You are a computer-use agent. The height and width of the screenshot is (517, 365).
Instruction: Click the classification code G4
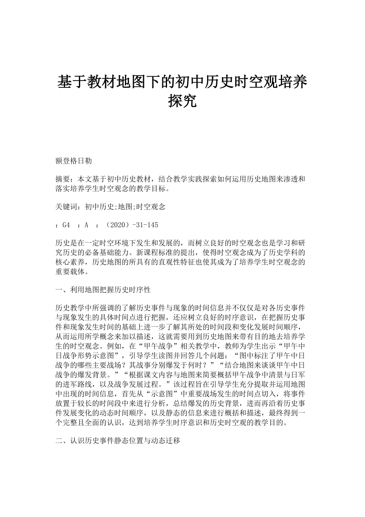(66, 225)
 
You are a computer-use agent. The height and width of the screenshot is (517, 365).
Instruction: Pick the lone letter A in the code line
(86, 225)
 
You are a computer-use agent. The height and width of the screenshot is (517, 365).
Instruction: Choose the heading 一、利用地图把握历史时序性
(103, 290)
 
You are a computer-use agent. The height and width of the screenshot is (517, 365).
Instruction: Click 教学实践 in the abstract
(190, 179)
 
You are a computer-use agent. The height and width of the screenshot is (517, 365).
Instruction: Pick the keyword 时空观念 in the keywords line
(153, 206)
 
